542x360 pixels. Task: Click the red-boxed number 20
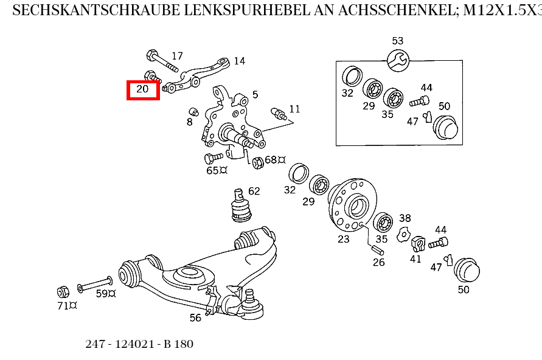142,89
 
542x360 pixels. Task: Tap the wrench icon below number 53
398,60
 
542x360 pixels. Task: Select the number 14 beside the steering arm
239,61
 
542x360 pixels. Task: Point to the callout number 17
177,56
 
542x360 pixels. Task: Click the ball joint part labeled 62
241,207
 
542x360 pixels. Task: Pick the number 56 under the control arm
195,317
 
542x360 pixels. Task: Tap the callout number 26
378,263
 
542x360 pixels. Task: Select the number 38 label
405,218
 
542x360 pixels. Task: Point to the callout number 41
415,258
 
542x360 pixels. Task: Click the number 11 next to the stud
294,109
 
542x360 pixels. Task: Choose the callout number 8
189,122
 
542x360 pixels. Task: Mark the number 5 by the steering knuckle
255,94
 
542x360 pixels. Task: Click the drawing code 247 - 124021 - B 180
139,344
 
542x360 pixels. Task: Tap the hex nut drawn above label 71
62,291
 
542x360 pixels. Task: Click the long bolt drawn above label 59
94,285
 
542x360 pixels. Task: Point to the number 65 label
212,171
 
